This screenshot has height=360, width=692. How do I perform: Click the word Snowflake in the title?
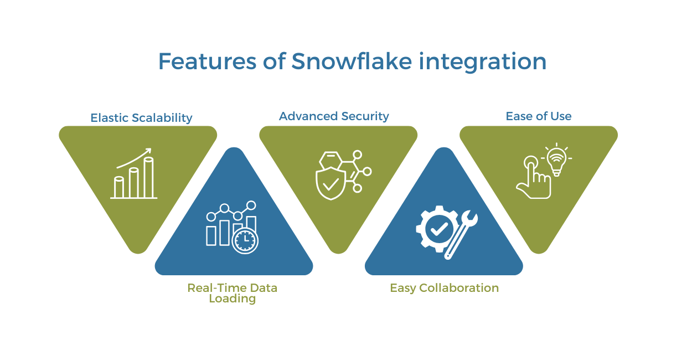352,61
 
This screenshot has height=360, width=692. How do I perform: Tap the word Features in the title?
201,61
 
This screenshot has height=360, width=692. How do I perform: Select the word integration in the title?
482,61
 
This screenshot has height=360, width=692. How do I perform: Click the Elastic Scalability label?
141,117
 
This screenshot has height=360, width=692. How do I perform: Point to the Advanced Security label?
334,116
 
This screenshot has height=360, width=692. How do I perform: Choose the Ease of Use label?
538,116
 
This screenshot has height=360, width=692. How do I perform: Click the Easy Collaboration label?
444,287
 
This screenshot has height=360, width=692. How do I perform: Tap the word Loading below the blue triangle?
232,299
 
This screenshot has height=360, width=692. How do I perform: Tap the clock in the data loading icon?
245,240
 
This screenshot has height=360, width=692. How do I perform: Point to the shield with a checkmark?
330,184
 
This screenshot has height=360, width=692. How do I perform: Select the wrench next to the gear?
462,234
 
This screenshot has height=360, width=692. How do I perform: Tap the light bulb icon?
556,161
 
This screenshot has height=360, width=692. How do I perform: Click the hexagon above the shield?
330,160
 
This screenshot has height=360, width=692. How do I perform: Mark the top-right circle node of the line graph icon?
251,205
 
